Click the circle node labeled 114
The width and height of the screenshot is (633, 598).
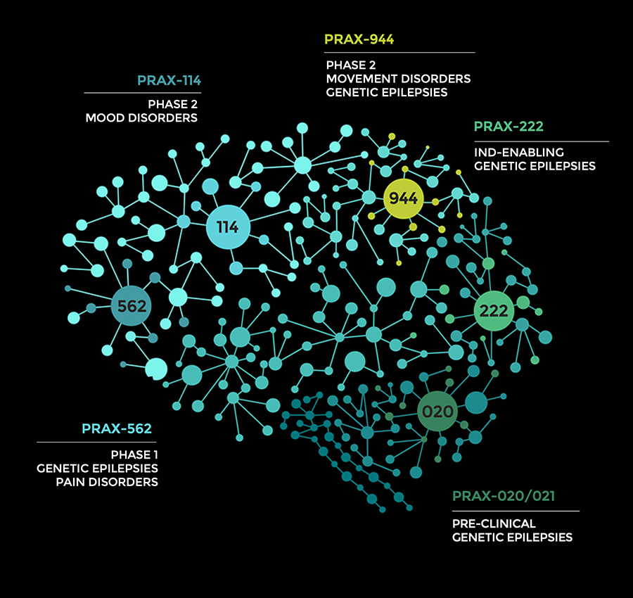pos(227,227)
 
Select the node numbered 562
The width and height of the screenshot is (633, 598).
pos(132,306)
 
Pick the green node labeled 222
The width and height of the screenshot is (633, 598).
pos(494,310)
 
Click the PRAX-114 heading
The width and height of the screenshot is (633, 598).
pos(169,79)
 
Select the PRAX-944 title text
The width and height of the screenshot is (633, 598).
pos(359,39)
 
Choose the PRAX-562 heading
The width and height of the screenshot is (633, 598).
pos(117,428)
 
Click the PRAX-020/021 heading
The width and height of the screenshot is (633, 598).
pos(503,497)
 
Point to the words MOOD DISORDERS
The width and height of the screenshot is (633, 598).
pos(141,118)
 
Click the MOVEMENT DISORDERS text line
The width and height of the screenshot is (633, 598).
pos(398,79)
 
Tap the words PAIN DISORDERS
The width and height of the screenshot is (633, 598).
pos(107,482)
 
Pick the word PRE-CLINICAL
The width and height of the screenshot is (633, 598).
pos(494,523)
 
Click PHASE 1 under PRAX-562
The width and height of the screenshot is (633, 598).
pos(134,454)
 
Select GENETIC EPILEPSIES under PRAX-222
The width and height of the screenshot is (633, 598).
pos(535,166)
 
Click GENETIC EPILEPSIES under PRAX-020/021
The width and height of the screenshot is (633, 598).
pos(512,537)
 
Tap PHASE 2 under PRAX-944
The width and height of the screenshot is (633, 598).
pos(350,65)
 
